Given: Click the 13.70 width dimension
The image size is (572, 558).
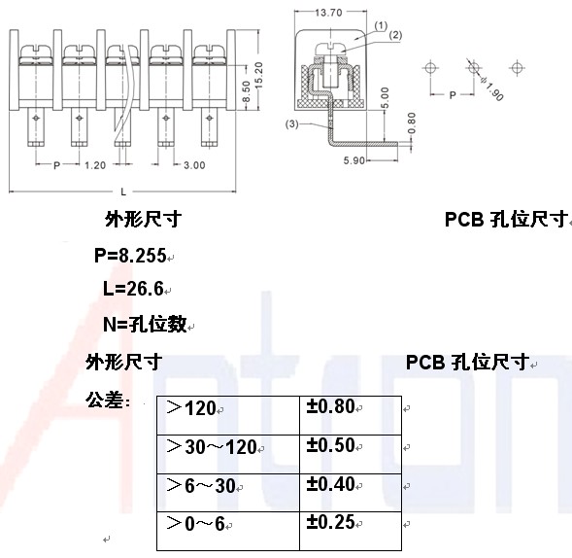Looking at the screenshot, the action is (328, 13).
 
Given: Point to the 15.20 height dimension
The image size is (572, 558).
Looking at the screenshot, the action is (258, 75).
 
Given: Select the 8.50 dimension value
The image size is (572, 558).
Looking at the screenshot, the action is (247, 91).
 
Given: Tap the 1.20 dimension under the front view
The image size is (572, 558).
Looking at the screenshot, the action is (95, 165).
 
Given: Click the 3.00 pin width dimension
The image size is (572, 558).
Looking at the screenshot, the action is (194, 165).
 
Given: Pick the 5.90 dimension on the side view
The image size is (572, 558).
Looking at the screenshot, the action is (353, 160).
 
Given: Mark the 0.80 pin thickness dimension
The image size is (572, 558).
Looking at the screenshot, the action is (412, 123).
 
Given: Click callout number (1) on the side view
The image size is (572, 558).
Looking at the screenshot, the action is (381, 26).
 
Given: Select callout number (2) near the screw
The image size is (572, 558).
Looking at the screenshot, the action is (395, 35).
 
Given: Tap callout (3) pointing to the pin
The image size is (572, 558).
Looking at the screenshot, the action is (292, 124).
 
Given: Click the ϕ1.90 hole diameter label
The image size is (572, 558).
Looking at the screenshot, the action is (492, 88).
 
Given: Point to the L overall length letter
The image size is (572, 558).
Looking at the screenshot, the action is (123, 192).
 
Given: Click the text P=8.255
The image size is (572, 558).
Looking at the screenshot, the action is (130, 256).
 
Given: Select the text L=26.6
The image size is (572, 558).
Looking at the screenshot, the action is (133, 289).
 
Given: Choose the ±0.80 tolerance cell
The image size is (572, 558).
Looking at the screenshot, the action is (351, 415).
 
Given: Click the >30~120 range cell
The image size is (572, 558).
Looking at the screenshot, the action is (228, 454).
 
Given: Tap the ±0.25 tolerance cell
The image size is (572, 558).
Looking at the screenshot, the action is (351, 531).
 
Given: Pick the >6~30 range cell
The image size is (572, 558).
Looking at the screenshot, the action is (228, 493).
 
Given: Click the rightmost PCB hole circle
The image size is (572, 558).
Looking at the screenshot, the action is (517, 68).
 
